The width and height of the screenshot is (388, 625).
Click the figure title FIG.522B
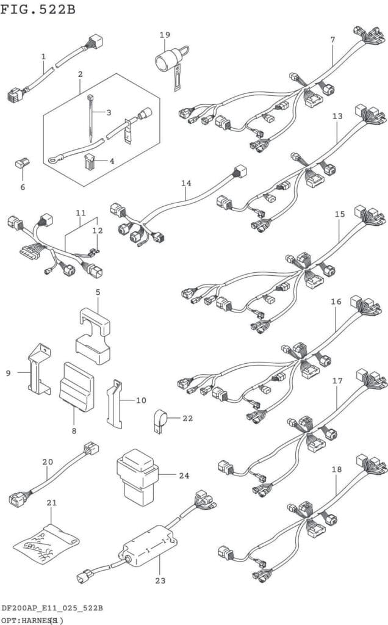38,9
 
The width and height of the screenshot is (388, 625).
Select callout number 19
165,35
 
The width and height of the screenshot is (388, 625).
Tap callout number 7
332,40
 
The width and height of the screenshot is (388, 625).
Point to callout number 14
186,182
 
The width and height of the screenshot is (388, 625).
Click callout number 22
187,418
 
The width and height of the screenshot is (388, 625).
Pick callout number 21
51,502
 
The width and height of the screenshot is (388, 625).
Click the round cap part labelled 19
165,61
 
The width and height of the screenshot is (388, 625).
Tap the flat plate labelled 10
114,403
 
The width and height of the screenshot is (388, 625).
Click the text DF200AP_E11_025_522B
51,609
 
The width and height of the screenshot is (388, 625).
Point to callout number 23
160,580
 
